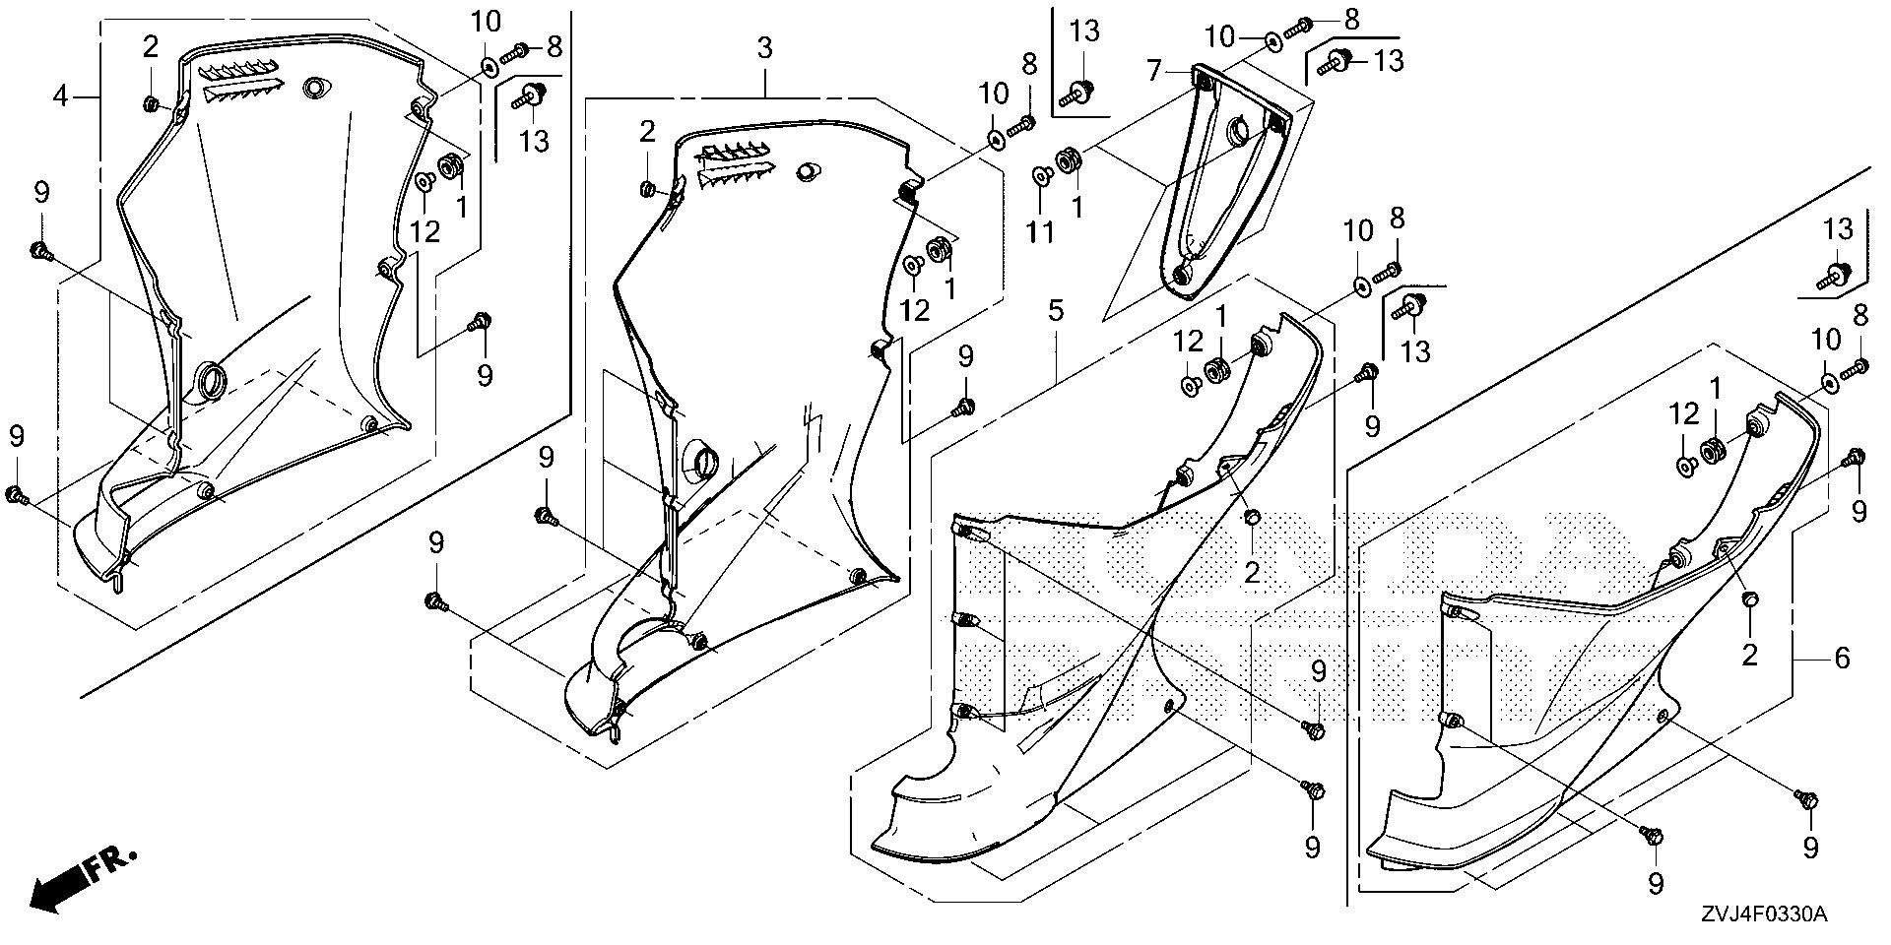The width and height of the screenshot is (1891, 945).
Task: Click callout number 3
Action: pyautogui.click(x=765, y=47)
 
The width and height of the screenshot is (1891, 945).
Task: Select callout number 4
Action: pyautogui.click(x=61, y=96)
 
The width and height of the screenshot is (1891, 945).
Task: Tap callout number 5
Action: pyautogui.click(x=1055, y=312)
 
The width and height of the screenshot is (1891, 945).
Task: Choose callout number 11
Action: pyautogui.click(x=1040, y=232)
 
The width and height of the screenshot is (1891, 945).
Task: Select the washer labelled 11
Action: pyautogui.click(x=1040, y=176)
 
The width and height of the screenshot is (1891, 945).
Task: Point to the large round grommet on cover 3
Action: pyautogui.click(x=700, y=461)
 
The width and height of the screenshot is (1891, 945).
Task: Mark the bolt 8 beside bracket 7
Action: pyautogui.click(x=1303, y=23)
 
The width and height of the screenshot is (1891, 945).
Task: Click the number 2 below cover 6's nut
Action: pyautogui.click(x=1749, y=655)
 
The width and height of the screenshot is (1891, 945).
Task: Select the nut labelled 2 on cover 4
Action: pyautogui.click(x=152, y=103)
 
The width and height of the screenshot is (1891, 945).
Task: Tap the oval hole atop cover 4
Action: pyautogui.click(x=314, y=88)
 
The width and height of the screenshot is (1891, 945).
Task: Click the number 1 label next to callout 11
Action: pyautogui.click(x=1076, y=207)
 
